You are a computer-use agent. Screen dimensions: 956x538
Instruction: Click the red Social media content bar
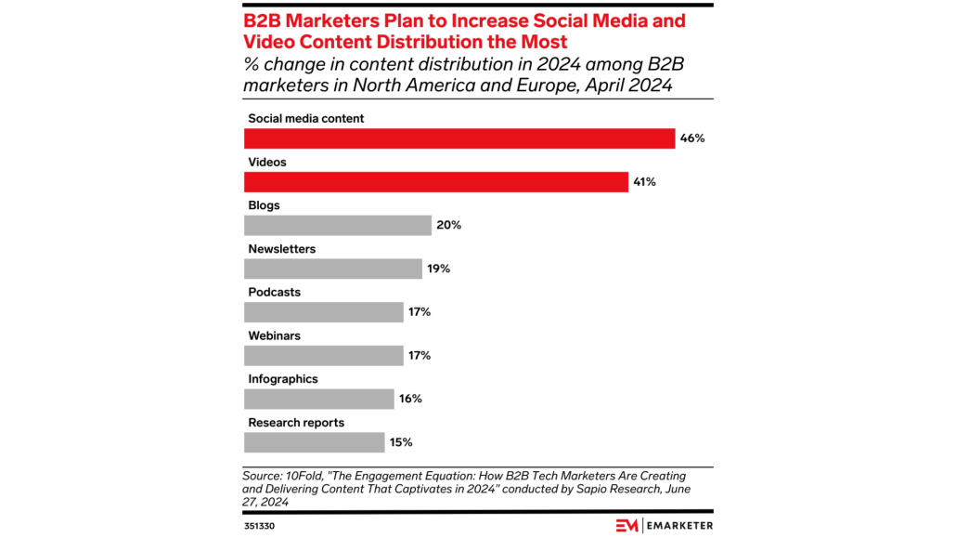tap(459, 138)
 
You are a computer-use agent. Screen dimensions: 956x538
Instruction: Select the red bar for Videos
tap(436, 182)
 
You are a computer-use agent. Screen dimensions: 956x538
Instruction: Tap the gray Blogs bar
tap(338, 226)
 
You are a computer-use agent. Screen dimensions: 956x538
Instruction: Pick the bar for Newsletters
tap(333, 269)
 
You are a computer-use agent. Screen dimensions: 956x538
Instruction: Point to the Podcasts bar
tap(324, 312)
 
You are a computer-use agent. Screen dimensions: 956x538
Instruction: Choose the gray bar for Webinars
tap(324, 355)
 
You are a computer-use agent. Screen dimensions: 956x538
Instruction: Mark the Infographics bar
tap(319, 399)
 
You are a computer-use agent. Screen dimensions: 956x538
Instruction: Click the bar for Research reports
tap(315, 442)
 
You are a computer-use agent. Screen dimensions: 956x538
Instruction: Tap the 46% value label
tap(692, 138)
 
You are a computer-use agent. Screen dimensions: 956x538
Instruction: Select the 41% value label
tap(644, 182)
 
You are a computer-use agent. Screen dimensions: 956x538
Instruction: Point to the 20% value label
tap(448, 226)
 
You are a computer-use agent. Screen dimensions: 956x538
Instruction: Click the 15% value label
tap(401, 442)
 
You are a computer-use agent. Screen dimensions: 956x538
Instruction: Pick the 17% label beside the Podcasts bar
tap(420, 312)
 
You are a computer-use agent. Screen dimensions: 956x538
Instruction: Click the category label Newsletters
tap(281, 249)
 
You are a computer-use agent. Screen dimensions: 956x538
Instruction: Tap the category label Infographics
tap(283, 379)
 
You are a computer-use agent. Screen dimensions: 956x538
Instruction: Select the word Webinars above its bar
tap(275, 335)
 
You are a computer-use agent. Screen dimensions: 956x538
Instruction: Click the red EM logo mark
tap(627, 525)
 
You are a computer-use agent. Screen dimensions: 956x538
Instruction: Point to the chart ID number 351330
tap(260, 526)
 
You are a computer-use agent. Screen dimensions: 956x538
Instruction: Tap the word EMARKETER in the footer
tap(679, 525)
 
